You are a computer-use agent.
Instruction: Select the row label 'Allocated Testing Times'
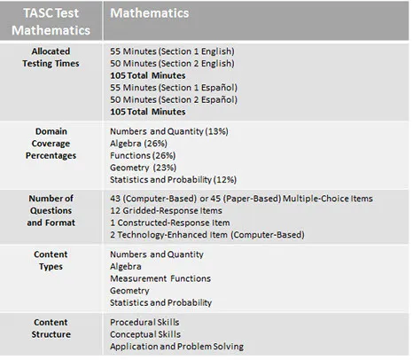point(51,58)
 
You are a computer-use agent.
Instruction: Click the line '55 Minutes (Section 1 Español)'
point(173,89)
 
